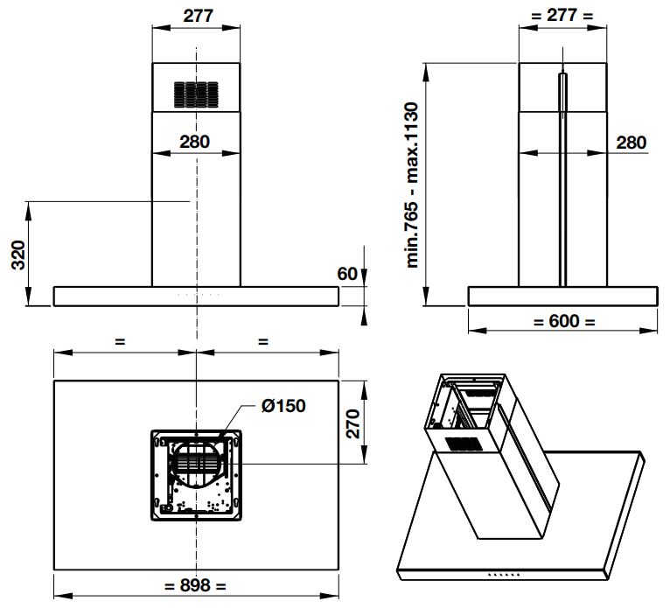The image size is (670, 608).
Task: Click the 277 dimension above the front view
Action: (196, 17)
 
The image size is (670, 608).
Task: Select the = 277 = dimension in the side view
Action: (562, 17)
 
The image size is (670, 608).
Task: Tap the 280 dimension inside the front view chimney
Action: (195, 142)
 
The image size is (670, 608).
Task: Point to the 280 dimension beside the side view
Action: (630, 143)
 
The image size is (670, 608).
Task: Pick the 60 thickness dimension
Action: (347, 274)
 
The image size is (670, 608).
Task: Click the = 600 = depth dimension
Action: (564, 321)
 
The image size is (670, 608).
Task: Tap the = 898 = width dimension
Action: (195, 585)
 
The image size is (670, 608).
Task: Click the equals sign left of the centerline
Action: (120, 342)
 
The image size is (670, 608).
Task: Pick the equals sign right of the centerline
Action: (263, 342)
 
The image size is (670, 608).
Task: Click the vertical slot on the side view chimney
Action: (562, 175)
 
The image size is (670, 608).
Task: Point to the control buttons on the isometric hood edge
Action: (501, 575)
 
